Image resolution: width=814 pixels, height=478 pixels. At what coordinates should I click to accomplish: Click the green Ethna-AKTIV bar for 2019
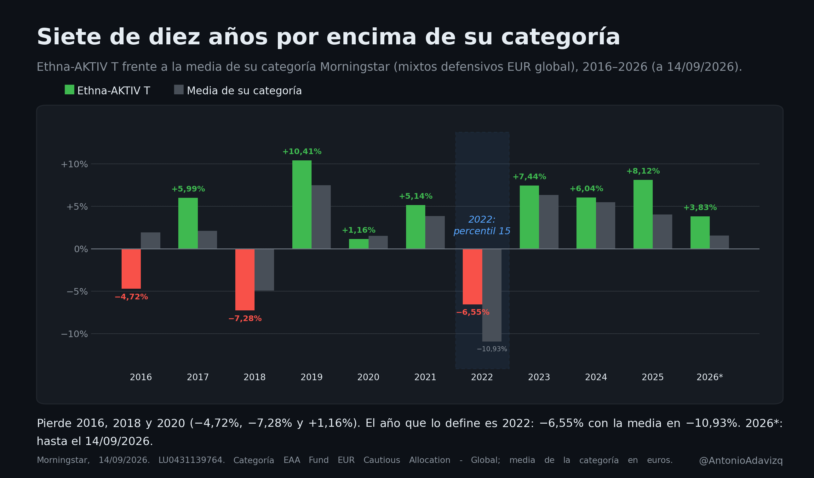[302, 204]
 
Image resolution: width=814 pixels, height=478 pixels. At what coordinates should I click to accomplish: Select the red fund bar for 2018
[245, 279]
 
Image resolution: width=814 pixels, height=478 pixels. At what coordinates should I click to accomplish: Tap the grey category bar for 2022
[492, 295]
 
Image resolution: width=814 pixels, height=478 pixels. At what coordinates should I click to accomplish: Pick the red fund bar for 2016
[131, 269]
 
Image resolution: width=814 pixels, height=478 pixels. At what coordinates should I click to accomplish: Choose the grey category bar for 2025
[662, 231]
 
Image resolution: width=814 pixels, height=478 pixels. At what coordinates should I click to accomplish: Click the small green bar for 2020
[358, 244]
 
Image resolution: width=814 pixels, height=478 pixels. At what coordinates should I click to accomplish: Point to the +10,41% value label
[302, 152]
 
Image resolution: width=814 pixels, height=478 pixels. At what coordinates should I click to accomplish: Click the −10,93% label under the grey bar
[492, 349]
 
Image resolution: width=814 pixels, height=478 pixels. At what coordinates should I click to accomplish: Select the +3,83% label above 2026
[700, 208]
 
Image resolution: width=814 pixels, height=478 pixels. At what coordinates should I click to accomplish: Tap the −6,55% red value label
[473, 312]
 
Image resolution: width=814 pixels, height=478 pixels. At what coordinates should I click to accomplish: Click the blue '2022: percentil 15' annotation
[482, 225]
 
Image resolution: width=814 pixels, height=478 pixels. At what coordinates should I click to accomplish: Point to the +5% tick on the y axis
[77, 207]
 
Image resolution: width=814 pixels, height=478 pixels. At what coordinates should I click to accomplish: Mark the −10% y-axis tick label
[74, 334]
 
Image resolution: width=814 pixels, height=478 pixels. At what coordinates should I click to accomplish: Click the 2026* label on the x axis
[709, 377]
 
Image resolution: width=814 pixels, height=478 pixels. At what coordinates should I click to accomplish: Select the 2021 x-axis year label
[425, 377]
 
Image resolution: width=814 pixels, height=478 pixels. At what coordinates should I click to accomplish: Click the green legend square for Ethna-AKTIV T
[69, 90]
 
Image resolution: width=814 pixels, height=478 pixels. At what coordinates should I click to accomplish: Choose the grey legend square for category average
[179, 90]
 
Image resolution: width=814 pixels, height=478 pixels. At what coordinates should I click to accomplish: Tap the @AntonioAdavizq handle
[741, 461]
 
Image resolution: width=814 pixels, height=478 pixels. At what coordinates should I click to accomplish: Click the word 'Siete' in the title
[69, 37]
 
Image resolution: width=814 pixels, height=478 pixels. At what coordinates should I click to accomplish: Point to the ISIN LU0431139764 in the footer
[192, 460]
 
